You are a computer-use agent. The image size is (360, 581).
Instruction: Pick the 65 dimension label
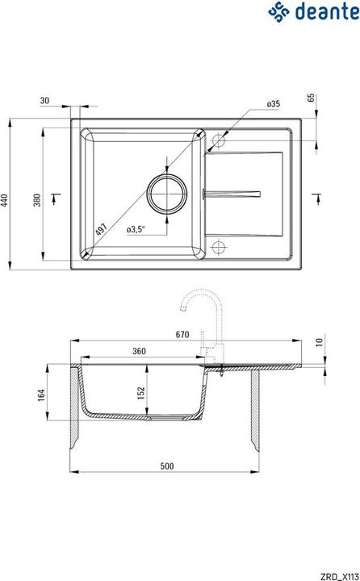[x=311, y=98]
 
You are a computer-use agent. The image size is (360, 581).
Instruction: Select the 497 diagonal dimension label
[x=100, y=230]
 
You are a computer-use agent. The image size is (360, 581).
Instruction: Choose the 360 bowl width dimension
[x=139, y=352]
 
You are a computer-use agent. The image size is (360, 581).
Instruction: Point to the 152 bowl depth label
[x=140, y=392]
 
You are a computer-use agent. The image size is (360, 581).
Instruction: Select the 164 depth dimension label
[x=43, y=395]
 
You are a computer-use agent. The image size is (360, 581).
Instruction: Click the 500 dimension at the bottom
[x=166, y=466]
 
